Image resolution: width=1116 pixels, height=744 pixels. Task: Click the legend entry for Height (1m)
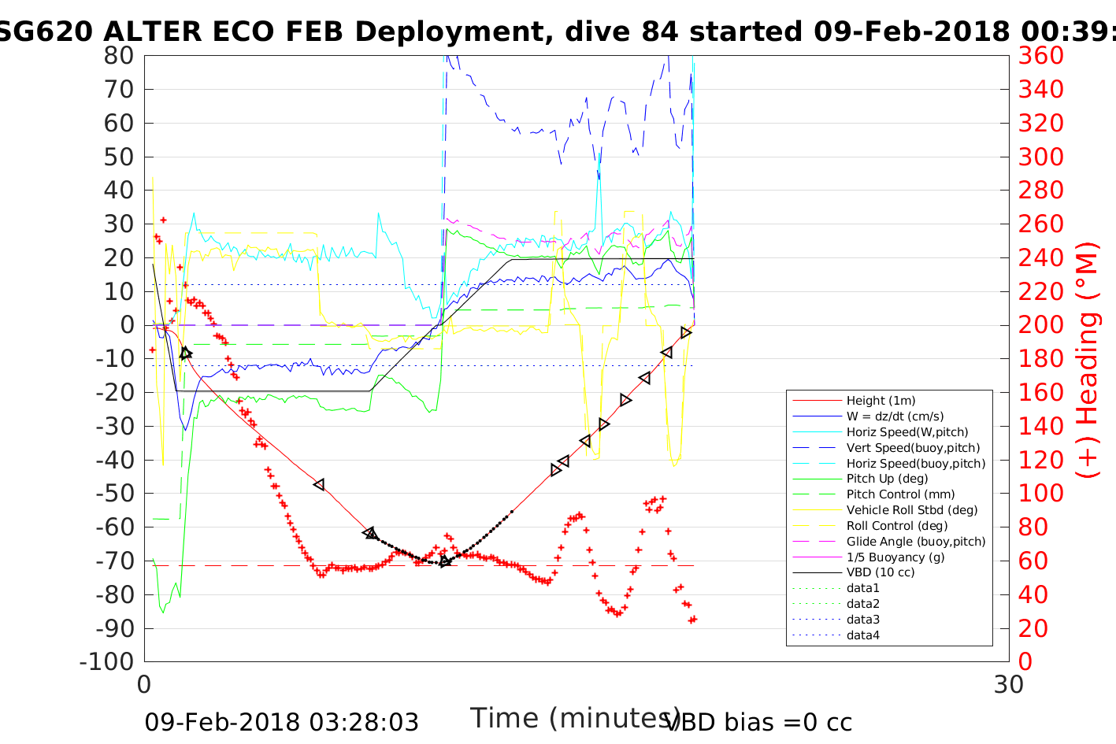(x=881, y=401)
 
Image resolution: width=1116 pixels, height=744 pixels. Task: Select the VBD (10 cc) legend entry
(x=881, y=572)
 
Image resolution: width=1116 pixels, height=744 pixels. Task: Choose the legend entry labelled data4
(x=862, y=635)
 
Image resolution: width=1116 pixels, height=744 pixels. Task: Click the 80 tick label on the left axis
(x=118, y=56)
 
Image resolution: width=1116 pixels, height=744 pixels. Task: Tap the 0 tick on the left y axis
(x=127, y=324)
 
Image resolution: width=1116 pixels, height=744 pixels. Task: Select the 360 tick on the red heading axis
(x=1040, y=56)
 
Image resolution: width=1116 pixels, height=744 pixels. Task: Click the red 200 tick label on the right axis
(x=1040, y=324)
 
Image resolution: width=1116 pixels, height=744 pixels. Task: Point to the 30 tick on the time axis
(x=1008, y=685)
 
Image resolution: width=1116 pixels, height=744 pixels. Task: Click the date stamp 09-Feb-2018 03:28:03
(x=281, y=722)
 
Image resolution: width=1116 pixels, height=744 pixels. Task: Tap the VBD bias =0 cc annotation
(x=759, y=722)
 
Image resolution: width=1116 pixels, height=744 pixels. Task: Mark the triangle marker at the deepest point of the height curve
(x=445, y=561)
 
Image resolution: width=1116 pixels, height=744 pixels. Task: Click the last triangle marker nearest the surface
(x=686, y=333)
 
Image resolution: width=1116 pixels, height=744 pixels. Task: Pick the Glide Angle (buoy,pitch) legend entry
(x=915, y=542)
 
